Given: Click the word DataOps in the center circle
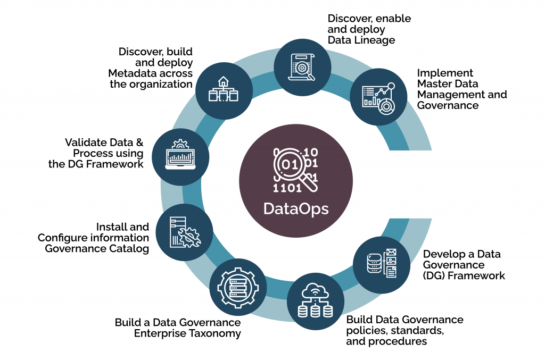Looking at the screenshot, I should point(295,208).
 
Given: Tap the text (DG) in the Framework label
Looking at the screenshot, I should point(435,275).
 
